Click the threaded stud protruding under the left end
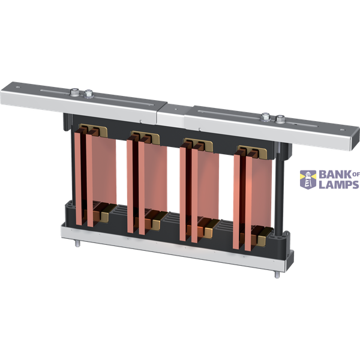point(77,243)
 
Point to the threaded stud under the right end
point(275,275)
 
